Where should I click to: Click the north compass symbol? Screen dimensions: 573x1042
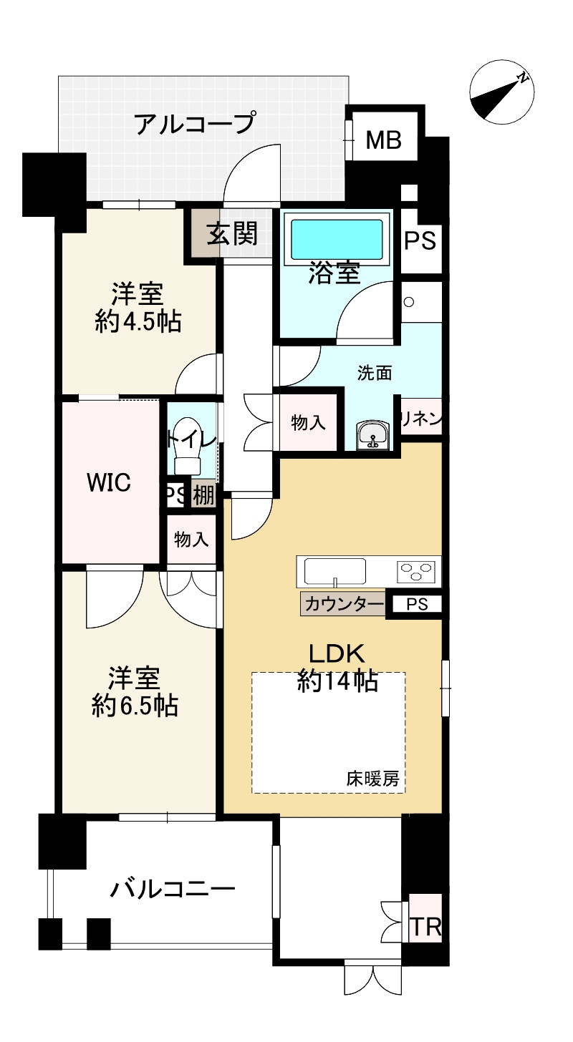(502, 92)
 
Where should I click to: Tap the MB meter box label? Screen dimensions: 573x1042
(383, 140)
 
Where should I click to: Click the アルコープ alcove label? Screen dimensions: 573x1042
(196, 124)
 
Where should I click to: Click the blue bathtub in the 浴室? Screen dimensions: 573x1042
(337, 238)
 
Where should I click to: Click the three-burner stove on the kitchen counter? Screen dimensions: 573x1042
(415, 572)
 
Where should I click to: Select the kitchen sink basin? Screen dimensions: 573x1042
(334, 571)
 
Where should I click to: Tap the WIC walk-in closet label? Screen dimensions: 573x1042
(108, 483)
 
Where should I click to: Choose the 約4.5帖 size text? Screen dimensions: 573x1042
(138, 321)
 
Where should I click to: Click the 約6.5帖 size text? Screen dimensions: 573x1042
(135, 706)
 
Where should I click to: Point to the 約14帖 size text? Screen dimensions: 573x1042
(337, 681)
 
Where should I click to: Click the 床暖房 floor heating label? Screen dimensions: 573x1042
(373, 779)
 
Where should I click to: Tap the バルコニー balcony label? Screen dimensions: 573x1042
(173, 890)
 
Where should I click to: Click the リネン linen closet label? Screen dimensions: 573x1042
(421, 419)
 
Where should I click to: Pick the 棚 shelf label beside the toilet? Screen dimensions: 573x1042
(203, 496)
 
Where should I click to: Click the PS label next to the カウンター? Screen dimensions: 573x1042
(417, 604)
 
